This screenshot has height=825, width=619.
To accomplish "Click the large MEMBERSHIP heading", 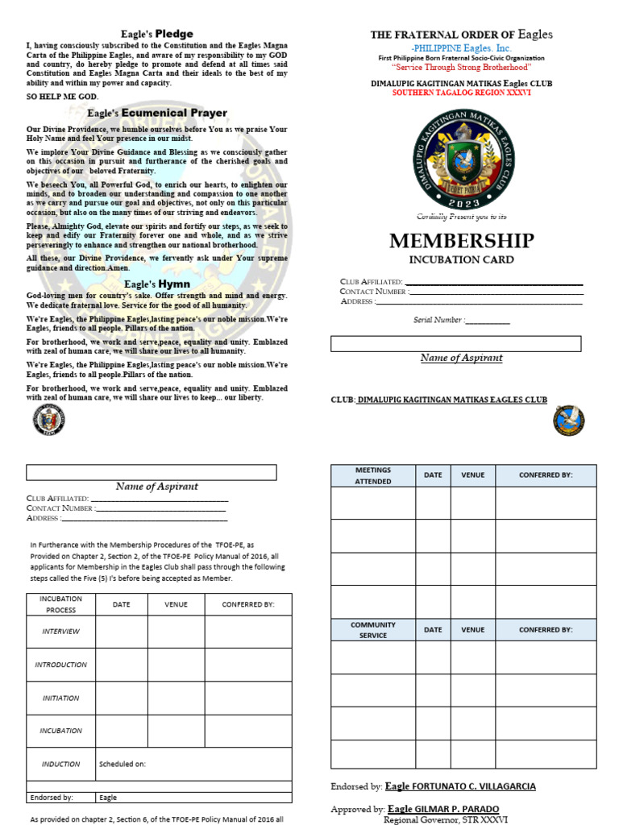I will coord(461,241).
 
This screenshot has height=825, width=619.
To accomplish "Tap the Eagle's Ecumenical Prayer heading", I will coord(157,114).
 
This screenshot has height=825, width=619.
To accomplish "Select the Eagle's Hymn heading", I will coord(157,284).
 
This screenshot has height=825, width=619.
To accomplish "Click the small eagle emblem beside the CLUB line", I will coord(569,421).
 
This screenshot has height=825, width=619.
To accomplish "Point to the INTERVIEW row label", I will coord(60,632).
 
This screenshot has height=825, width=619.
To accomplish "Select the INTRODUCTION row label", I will coord(60,665).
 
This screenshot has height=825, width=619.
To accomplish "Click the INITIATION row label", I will coord(60,698).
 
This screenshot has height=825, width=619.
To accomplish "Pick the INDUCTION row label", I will coord(60,764).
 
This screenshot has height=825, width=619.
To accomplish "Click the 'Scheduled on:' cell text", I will coord(123,764).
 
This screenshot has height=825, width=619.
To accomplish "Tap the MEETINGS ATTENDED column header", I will coord(372,475).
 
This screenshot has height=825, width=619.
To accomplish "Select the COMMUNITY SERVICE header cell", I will coord(372,629).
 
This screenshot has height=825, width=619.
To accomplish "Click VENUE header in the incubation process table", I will coord(176,604).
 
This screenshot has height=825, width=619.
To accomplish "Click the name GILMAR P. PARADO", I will coord(455,809).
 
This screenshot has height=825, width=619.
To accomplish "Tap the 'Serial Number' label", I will coord(438,320).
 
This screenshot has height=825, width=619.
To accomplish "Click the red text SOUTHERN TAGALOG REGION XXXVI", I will coord(461,93).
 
